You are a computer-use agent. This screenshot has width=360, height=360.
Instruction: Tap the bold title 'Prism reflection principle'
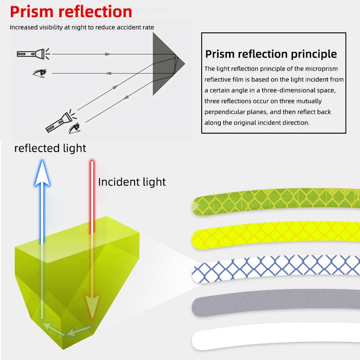tap(271, 54)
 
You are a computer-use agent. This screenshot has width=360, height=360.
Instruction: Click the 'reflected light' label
tap(50, 148)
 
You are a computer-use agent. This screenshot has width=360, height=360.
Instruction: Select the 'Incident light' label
tap(132, 182)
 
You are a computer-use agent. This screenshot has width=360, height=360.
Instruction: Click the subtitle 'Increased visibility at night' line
tap(82, 27)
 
